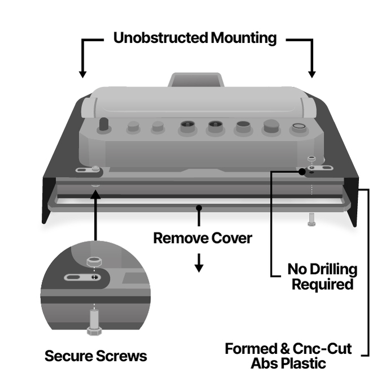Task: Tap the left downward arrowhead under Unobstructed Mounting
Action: click(83, 73)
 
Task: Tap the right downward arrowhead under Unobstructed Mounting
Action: click(311, 73)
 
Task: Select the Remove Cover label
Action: click(202, 238)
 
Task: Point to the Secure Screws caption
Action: click(96, 356)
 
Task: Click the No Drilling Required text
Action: click(322, 276)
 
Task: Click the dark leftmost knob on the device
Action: click(104, 125)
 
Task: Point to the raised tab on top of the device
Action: click(194, 79)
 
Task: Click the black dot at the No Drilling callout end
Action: click(302, 171)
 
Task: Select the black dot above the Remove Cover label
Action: click(198, 208)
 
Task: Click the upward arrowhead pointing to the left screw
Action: click(95, 195)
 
